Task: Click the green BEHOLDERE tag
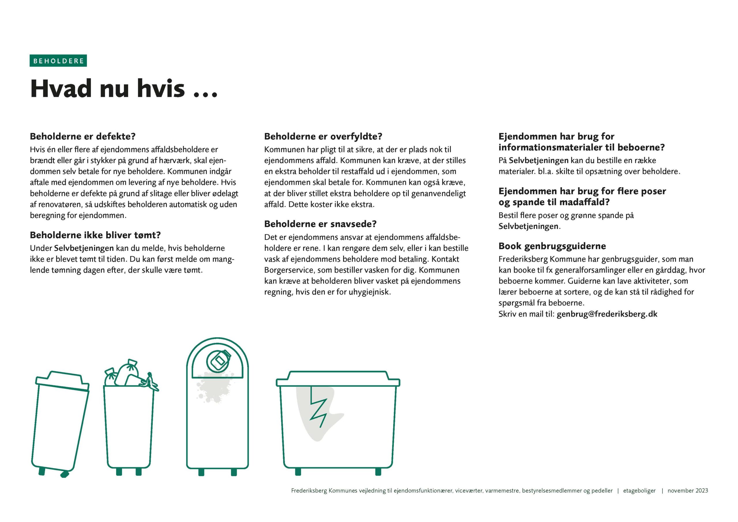coord(58,61)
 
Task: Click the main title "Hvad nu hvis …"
coord(124,88)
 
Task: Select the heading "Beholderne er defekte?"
coord(83,136)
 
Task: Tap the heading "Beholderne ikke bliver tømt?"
coord(95,235)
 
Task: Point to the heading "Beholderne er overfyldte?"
coord(323,136)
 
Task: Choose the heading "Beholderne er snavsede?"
coord(320,224)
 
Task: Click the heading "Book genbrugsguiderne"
coord(552,246)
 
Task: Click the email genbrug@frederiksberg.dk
coord(607,314)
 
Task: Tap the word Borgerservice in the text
coord(288,270)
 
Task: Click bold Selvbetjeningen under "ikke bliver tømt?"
coord(84,248)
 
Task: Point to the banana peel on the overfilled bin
coord(150,382)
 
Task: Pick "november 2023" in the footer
coord(688,491)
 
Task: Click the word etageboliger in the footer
coord(639,491)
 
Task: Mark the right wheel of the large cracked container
coord(378,472)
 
